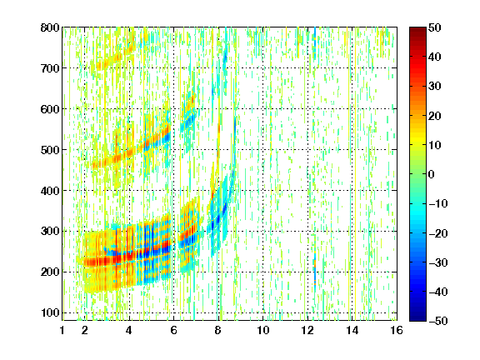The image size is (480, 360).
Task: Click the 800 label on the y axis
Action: (x=50, y=27)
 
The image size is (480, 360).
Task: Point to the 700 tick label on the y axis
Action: (x=50, y=68)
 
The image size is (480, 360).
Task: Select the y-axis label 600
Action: (x=50, y=109)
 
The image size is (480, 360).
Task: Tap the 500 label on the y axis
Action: (x=50, y=150)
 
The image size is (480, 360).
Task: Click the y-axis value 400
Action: (x=50, y=190)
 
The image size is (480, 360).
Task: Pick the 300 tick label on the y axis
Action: (x=50, y=231)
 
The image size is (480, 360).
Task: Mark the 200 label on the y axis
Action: (x=50, y=272)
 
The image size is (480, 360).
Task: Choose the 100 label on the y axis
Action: (x=50, y=312)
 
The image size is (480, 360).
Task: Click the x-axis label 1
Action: (x=62, y=330)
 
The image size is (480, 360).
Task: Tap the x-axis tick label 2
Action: (x=85, y=330)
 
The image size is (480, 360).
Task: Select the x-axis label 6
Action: (x=173, y=330)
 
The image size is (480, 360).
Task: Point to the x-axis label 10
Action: (x=263, y=330)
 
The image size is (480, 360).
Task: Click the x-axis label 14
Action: (x=352, y=330)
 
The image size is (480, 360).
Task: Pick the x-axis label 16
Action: (x=397, y=330)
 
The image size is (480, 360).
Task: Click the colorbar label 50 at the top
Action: (x=434, y=27)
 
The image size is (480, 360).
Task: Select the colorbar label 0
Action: (x=432, y=174)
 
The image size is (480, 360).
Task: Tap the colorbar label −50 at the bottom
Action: (x=437, y=321)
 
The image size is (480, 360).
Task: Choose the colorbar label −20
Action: (x=437, y=233)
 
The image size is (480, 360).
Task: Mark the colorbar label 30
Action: (x=434, y=86)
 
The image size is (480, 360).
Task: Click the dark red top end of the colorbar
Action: (x=417, y=29)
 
